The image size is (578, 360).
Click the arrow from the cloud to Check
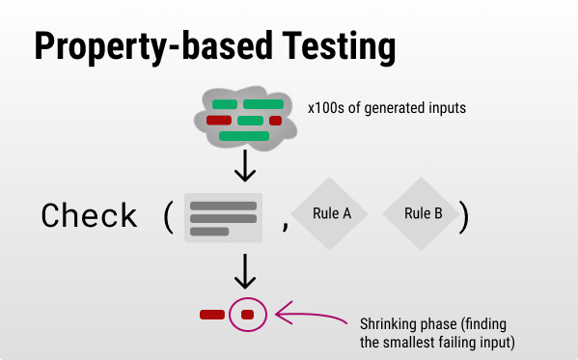246,165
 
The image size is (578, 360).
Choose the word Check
89,216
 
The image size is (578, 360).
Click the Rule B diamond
422,214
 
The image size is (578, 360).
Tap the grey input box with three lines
223,218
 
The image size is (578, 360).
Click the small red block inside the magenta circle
247,315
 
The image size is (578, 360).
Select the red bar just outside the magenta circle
211,315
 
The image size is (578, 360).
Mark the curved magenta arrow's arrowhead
280,312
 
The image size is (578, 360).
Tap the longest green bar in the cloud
243,136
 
